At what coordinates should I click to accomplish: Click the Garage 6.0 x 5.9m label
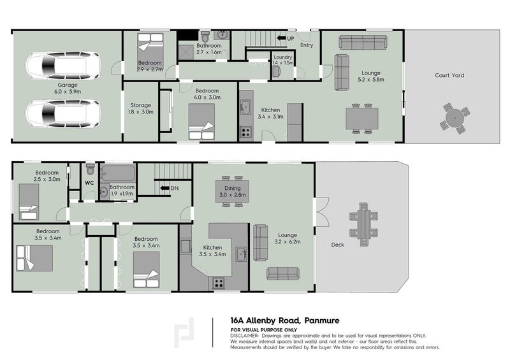point(68,89)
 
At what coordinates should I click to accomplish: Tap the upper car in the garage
point(63,66)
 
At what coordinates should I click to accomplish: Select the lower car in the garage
point(63,114)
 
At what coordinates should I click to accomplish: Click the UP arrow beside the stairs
point(281,38)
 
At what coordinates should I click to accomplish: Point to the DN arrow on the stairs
point(164,188)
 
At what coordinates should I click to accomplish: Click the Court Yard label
point(449,75)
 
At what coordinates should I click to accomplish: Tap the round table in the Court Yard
point(455,118)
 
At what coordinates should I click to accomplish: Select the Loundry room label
point(282,57)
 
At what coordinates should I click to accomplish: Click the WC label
point(89,183)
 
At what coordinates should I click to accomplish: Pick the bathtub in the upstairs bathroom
point(118,173)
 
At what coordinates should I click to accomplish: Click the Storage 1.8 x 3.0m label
point(140,108)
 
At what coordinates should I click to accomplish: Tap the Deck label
point(337,245)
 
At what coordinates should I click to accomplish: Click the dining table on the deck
point(363,224)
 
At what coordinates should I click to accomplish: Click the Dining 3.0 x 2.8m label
point(232,192)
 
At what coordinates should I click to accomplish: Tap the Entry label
point(307,45)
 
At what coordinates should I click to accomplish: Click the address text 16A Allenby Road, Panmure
point(285,320)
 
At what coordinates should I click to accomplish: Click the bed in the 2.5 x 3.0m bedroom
point(29,202)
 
